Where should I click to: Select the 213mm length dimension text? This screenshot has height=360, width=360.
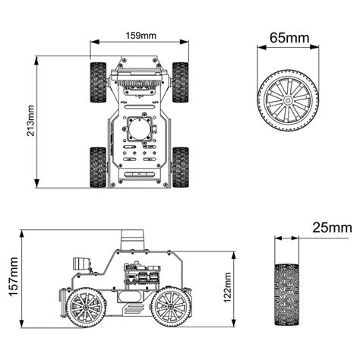30,122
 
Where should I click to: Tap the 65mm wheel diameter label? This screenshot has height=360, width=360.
289,36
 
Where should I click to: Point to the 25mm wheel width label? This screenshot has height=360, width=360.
331,227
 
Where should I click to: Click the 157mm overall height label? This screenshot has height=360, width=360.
13,278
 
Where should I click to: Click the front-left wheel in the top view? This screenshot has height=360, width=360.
98,82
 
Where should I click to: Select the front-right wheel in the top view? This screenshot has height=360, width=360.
180,82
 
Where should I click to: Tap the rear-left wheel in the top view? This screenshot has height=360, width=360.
98,166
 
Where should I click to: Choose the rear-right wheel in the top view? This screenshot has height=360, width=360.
180,166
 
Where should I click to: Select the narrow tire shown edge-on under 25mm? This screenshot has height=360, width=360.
286,295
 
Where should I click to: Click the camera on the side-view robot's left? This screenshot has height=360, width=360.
81,264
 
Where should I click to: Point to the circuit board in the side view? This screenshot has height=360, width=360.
140,272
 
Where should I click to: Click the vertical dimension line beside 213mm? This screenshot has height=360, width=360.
38,122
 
